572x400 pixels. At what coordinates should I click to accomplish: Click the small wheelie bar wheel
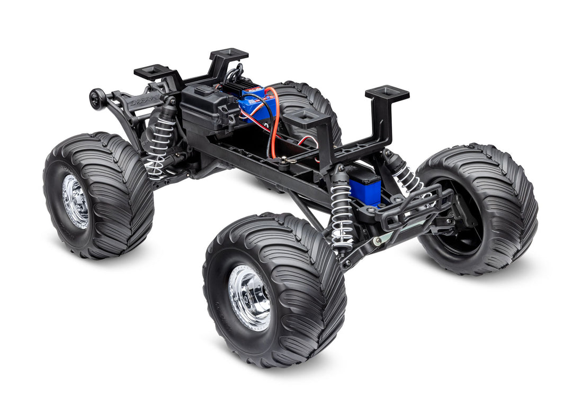[96, 99]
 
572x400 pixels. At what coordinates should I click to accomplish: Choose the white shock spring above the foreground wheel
[341, 214]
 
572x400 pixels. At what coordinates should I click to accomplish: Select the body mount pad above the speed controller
[229, 54]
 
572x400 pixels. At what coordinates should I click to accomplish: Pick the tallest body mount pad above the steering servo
[387, 94]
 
